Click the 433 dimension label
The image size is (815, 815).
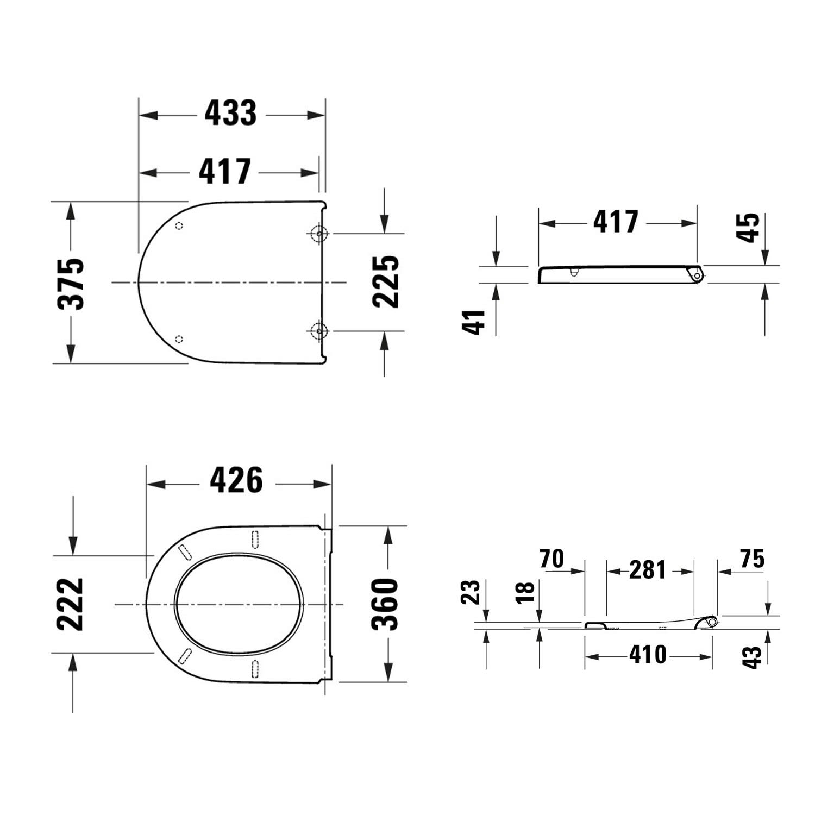[230, 114]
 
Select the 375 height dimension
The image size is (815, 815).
[71, 284]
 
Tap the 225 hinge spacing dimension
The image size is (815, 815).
[386, 281]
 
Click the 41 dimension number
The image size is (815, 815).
[473, 322]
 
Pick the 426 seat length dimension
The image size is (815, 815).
[236, 480]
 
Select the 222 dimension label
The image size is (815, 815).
[71, 604]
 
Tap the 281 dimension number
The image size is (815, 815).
[648, 570]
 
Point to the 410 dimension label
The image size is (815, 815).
[648, 655]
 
